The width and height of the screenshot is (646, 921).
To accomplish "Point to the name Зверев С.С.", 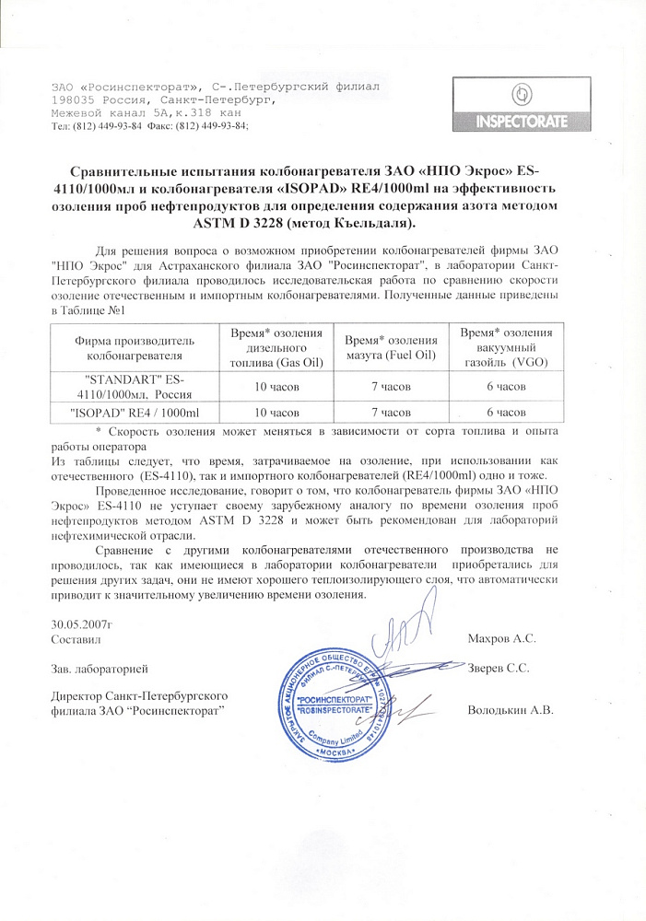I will (x=498, y=667).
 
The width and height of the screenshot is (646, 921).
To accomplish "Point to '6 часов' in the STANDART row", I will (x=506, y=386).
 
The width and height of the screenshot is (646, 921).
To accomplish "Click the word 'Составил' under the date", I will (x=75, y=637).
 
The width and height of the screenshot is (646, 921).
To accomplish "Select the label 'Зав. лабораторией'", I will (x=100, y=667).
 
